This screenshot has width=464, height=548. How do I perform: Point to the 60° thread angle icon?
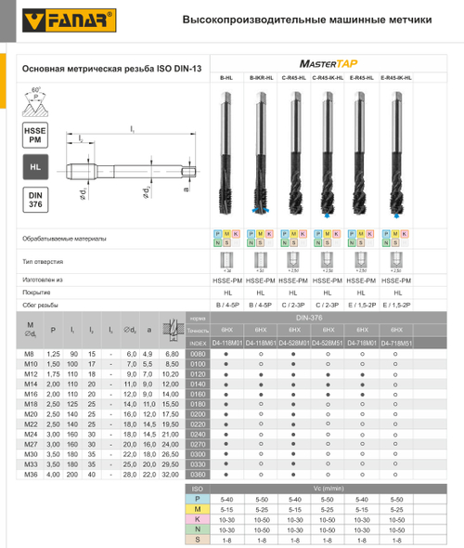tap(35, 100)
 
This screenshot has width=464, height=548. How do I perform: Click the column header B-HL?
tap(226, 80)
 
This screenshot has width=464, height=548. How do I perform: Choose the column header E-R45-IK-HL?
tap(396, 80)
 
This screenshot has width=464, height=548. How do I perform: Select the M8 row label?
tap(33, 354)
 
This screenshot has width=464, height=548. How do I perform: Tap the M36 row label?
tap(33, 475)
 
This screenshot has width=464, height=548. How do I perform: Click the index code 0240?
tap(196, 434)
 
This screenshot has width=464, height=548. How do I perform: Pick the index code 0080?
tap(196, 354)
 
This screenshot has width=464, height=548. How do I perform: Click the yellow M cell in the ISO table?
tap(196, 509)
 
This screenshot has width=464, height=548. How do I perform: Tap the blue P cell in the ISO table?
tap(196, 499)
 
